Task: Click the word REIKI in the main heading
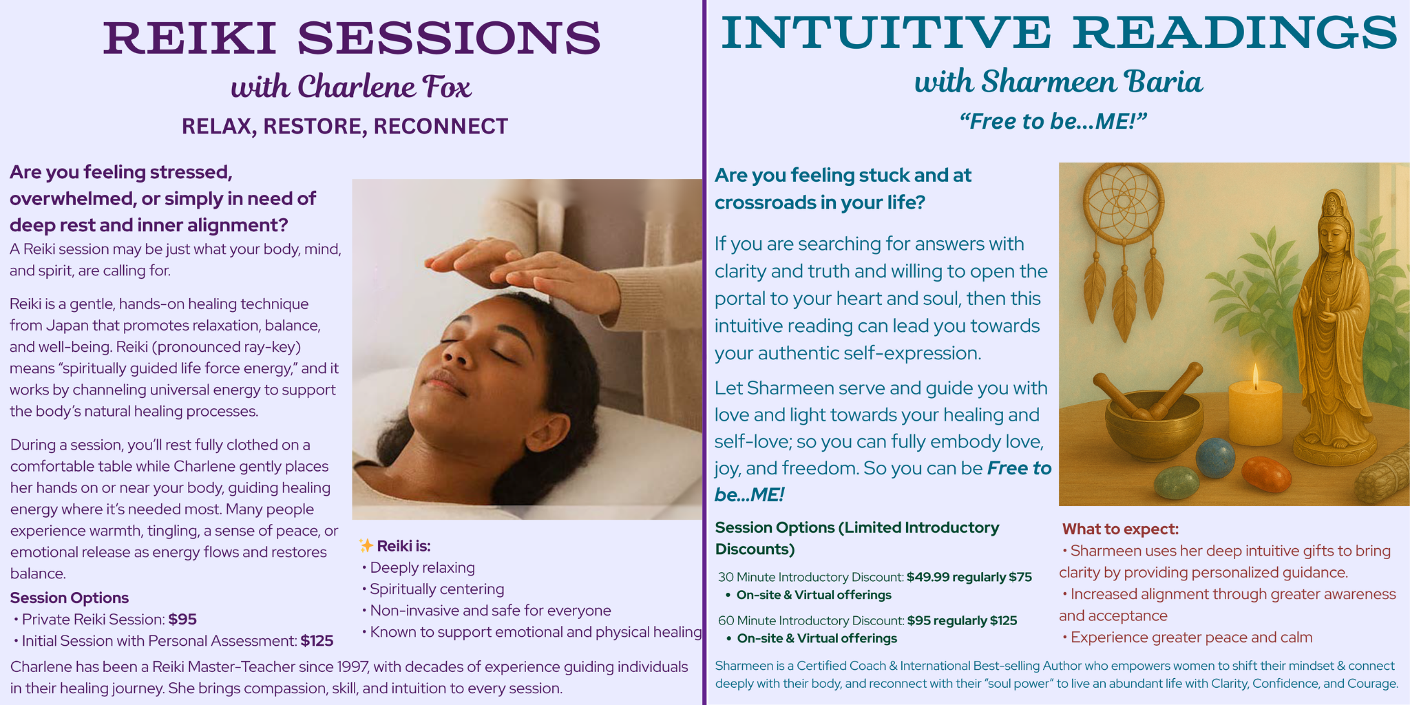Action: tap(190, 38)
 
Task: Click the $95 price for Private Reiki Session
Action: tap(182, 620)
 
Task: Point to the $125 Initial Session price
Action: tap(317, 641)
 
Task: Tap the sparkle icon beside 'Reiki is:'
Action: tap(366, 546)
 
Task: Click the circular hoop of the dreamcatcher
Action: tap(1124, 204)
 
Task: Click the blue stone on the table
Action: tap(1215, 458)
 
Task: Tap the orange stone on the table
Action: tap(1266, 474)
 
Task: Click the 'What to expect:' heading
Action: tap(1120, 529)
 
